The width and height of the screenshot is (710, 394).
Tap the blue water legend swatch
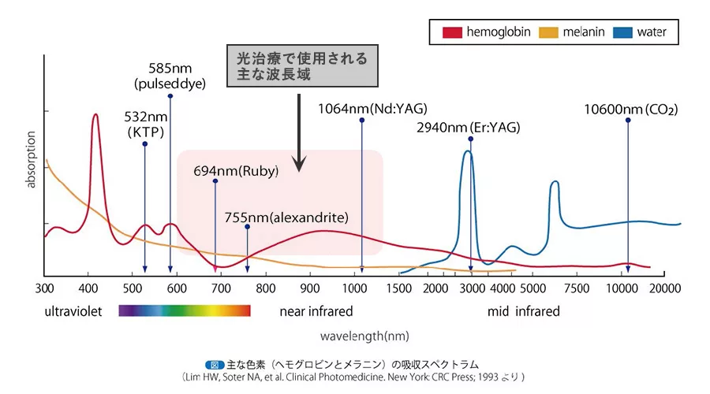pyautogui.click(x=623, y=32)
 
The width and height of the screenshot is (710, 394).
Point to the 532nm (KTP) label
pyautogui.click(x=145, y=125)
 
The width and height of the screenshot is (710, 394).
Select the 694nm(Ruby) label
pyautogui.click(x=236, y=170)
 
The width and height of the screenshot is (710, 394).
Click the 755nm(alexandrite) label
pyautogui.click(x=286, y=217)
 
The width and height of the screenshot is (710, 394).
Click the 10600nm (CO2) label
pyautogui.click(x=630, y=109)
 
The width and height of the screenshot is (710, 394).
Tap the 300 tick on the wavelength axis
pyautogui.click(x=44, y=288)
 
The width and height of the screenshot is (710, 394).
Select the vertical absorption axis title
pyautogui.click(x=32, y=162)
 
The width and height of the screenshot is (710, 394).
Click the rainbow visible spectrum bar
pyautogui.click(x=185, y=310)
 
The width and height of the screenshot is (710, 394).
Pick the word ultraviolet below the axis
pyautogui.click(x=73, y=311)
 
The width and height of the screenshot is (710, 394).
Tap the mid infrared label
pyautogui.click(x=523, y=311)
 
